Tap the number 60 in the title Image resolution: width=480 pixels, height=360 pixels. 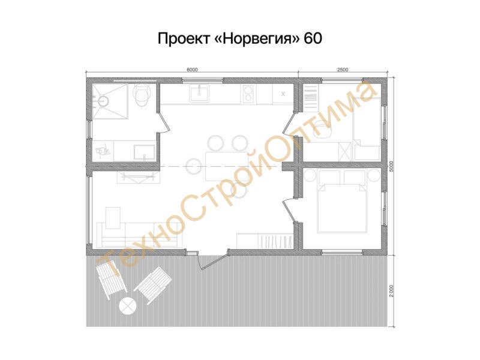click(x=313, y=38)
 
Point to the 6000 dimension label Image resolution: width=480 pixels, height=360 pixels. click(x=192, y=70)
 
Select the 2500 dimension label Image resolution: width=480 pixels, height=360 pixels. click(x=343, y=70)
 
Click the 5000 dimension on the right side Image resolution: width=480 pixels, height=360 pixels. click(x=392, y=167)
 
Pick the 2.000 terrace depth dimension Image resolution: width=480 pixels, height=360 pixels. click(x=392, y=290)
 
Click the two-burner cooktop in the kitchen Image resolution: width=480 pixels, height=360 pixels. click(x=249, y=94)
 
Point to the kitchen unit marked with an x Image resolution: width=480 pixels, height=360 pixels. click(x=283, y=94)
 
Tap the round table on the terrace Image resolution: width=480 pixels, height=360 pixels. click(x=127, y=306)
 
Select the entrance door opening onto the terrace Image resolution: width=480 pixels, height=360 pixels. click(x=212, y=260)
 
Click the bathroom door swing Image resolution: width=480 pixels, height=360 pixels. click(x=163, y=122)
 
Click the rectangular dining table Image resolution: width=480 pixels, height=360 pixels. click(x=227, y=166)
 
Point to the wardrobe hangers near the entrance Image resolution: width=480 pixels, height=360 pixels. click(x=275, y=241)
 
